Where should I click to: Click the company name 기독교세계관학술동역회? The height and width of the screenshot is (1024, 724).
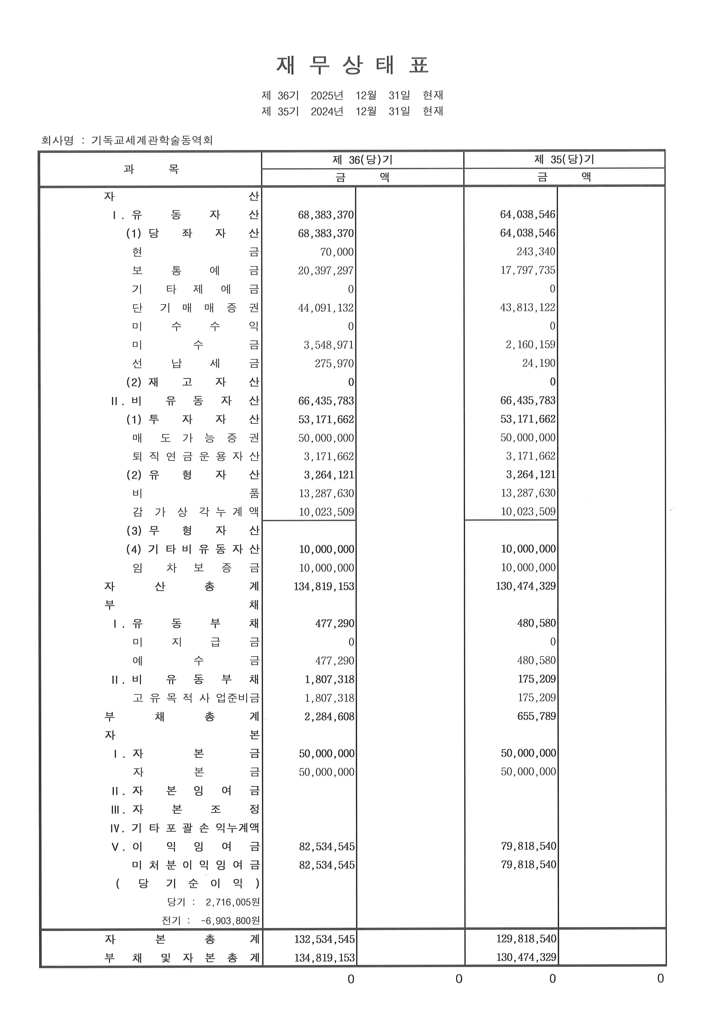pos(152,140)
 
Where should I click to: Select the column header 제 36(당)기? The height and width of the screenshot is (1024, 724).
pos(362,160)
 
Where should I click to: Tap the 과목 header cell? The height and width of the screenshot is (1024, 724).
pos(151,169)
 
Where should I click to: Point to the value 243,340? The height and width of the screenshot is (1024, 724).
pos(536,252)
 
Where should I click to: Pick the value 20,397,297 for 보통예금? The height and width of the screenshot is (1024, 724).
pos(326,271)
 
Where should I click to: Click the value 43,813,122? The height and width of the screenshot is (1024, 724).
pos(528,308)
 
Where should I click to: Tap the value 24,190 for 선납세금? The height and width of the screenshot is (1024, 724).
pos(539,363)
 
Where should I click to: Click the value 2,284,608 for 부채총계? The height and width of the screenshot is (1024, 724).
pos(329,717)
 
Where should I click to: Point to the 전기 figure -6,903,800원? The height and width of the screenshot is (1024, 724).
pos(230,921)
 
